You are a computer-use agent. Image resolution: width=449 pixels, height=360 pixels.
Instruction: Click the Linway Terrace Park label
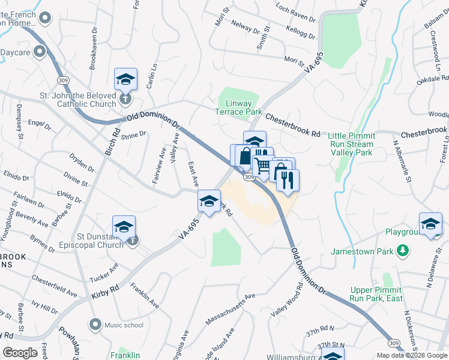click(x=239, y=107)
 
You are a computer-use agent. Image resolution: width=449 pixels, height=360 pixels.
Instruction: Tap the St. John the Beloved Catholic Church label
click(x=77, y=100)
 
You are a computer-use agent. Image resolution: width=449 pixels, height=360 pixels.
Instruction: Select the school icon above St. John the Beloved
click(x=126, y=79)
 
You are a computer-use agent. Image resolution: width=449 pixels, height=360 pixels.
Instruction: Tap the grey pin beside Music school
click(x=95, y=325)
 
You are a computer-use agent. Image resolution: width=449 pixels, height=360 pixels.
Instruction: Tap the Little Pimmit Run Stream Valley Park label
click(x=360, y=144)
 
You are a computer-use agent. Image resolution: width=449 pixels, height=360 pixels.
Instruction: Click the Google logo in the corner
click(x=20, y=352)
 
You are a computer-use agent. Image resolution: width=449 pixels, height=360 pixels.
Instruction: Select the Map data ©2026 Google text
click(x=412, y=355)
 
